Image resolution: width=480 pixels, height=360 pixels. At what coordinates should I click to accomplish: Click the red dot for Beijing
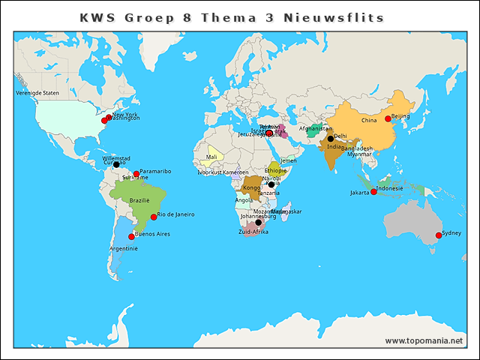[x=388, y=118]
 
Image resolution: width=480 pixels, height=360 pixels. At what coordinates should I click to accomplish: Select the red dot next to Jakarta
[x=373, y=192]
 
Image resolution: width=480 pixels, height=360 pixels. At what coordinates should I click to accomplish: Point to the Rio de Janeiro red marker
[x=154, y=217]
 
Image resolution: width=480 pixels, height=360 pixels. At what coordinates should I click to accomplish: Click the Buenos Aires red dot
[x=131, y=236]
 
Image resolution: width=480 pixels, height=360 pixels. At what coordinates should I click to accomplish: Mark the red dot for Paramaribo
[x=136, y=174]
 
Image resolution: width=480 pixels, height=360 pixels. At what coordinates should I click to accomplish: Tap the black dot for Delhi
[x=330, y=139]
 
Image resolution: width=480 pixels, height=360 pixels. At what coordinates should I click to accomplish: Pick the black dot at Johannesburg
[x=258, y=223]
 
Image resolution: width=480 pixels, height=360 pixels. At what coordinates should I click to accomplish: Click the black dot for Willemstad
[x=116, y=164]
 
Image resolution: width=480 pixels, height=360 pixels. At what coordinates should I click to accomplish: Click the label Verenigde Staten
[x=37, y=94]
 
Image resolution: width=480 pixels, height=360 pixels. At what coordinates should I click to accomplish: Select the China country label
[x=369, y=121]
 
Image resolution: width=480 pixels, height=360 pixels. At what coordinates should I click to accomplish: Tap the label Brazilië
[x=139, y=201]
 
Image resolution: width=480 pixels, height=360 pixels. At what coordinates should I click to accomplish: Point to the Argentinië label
[x=124, y=248]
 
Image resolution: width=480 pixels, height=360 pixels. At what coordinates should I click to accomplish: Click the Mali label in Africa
[x=211, y=157]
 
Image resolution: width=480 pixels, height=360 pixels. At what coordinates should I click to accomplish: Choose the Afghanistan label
[x=314, y=128]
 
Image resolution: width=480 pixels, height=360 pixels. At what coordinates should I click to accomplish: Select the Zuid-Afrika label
[x=253, y=232]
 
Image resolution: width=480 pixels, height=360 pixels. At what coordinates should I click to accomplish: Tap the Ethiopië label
[x=276, y=171]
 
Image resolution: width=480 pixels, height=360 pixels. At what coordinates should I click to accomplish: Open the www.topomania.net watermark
[x=424, y=341]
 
